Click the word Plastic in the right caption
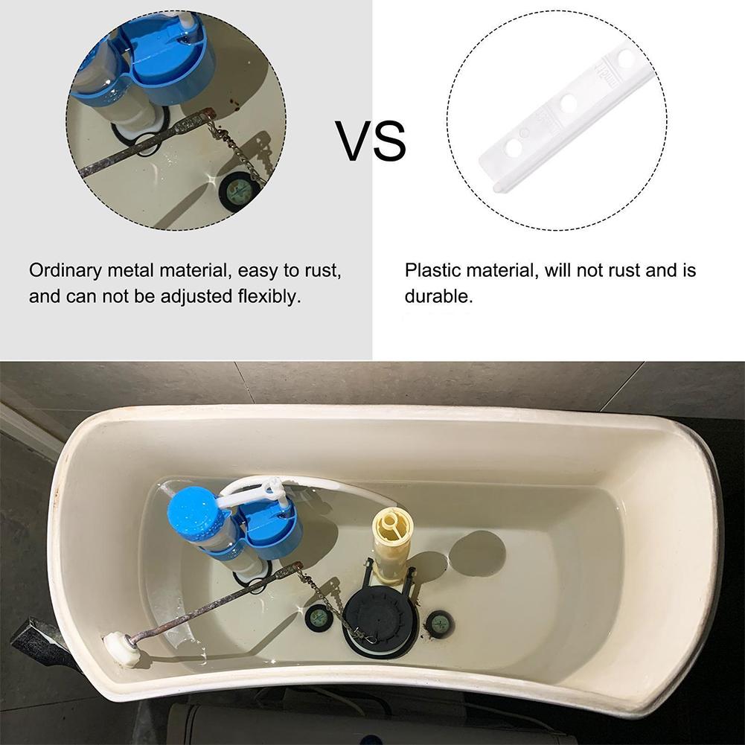pos(429,269)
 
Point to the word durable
pos(438,296)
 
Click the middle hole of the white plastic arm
pos(569,103)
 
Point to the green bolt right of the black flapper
pos(440,622)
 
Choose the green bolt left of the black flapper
pos(319,618)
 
